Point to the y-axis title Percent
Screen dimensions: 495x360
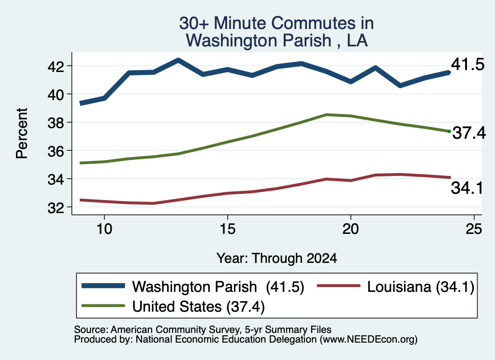pyautogui.click(x=22, y=133)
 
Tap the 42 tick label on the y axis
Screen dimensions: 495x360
pyautogui.click(x=56, y=66)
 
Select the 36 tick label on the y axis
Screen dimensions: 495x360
pyautogui.click(x=56, y=151)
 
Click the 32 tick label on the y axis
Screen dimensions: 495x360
pyautogui.click(x=56, y=208)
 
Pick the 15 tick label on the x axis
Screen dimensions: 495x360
pyautogui.click(x=228, y=229)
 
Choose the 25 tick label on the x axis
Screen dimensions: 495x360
pyautogui.click(x=474, y=229)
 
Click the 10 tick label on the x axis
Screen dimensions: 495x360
pyautogui.click(x=104, y=229)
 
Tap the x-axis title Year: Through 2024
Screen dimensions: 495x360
pyautogui.click(x=277, y=258)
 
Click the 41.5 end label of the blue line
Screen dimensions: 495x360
pyautogui.click(x=467, y=64)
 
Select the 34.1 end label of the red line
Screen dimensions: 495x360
pyautogui.click(x=467, y=188)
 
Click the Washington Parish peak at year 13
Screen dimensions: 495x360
pyautogui.click(x=178, y=60)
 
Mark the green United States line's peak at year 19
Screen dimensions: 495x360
pyautogui.click(x=326, y=115)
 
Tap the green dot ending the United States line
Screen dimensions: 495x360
pyautogui.click(x=449, y=131)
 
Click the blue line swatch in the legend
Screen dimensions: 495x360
pyautogui.click(x=103, y=286)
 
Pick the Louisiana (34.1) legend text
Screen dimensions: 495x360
pyautogui.click(x=421, y=287)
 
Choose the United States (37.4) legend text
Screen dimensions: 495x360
pyautogui.click(x=198, y=307)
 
